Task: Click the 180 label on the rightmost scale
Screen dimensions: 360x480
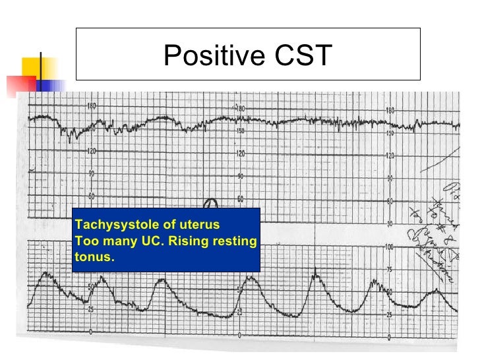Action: pos(390,111)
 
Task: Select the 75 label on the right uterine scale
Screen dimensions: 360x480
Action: pos(390,270)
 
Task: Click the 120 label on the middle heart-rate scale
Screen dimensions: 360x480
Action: pos(241,154)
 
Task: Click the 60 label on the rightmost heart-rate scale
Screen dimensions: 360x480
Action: pos(390,201)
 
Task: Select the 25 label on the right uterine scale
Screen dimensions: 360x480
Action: pos(390,315)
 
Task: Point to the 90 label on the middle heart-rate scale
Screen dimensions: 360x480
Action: pos(241,176)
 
